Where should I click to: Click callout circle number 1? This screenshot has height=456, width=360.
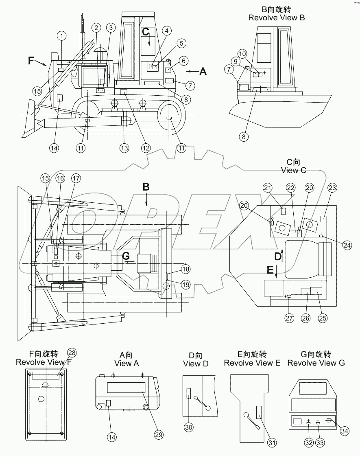(x=61, y=36)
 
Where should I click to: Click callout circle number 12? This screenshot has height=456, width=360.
(x=146, y=148)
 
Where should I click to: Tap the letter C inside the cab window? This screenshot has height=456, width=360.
(x=146, y=31)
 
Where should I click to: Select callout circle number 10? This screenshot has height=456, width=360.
(x=242, y=54)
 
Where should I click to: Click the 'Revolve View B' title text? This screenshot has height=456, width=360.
(x=277, y=18)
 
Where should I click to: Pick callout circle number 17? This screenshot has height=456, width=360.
(x=76, y=178)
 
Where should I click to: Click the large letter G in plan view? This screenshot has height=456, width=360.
(x=126, y=256)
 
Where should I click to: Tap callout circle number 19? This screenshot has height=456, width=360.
(x=185, y=285)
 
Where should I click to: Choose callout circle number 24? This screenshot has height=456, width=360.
(x=347, y=245)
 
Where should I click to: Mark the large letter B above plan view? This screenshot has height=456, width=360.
(x=146, y=187)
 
